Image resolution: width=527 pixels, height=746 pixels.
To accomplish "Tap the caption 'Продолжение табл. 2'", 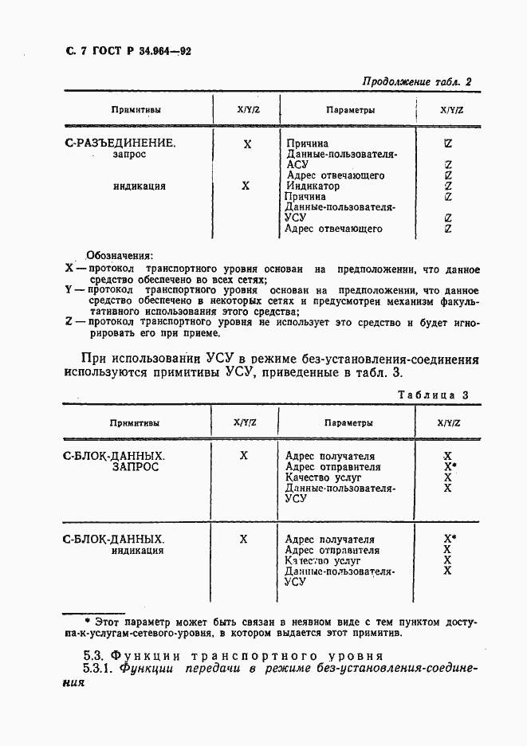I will click(417, 81).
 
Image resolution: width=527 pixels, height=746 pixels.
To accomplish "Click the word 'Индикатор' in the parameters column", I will click(313, 186).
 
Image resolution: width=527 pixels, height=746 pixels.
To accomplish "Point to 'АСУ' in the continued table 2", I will click(296, 165).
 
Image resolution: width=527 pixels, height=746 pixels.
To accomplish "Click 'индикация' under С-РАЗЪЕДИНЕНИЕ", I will click(139, 186).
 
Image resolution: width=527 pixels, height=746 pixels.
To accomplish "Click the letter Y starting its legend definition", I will click(68, 292).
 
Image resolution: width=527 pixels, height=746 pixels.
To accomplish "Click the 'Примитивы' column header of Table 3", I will click(134, 423).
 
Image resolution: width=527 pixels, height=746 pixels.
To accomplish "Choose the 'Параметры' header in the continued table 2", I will click(350, 110).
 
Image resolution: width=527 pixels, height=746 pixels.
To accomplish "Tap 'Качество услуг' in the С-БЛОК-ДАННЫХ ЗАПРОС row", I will click(323, 478).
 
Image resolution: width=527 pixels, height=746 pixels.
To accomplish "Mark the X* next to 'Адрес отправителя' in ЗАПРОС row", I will click(450, 467).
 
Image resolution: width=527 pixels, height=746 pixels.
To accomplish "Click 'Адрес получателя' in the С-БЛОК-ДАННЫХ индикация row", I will click(329, 540).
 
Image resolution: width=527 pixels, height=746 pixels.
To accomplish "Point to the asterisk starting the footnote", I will click(88, 620).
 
